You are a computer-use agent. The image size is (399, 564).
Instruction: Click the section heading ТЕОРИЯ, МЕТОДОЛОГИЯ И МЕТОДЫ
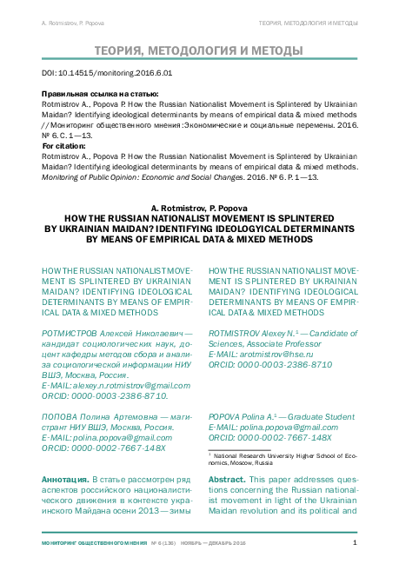199,50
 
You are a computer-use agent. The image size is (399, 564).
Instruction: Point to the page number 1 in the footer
355,543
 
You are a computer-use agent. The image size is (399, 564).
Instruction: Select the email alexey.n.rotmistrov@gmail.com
116,384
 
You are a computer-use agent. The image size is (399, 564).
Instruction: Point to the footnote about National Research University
283,458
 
